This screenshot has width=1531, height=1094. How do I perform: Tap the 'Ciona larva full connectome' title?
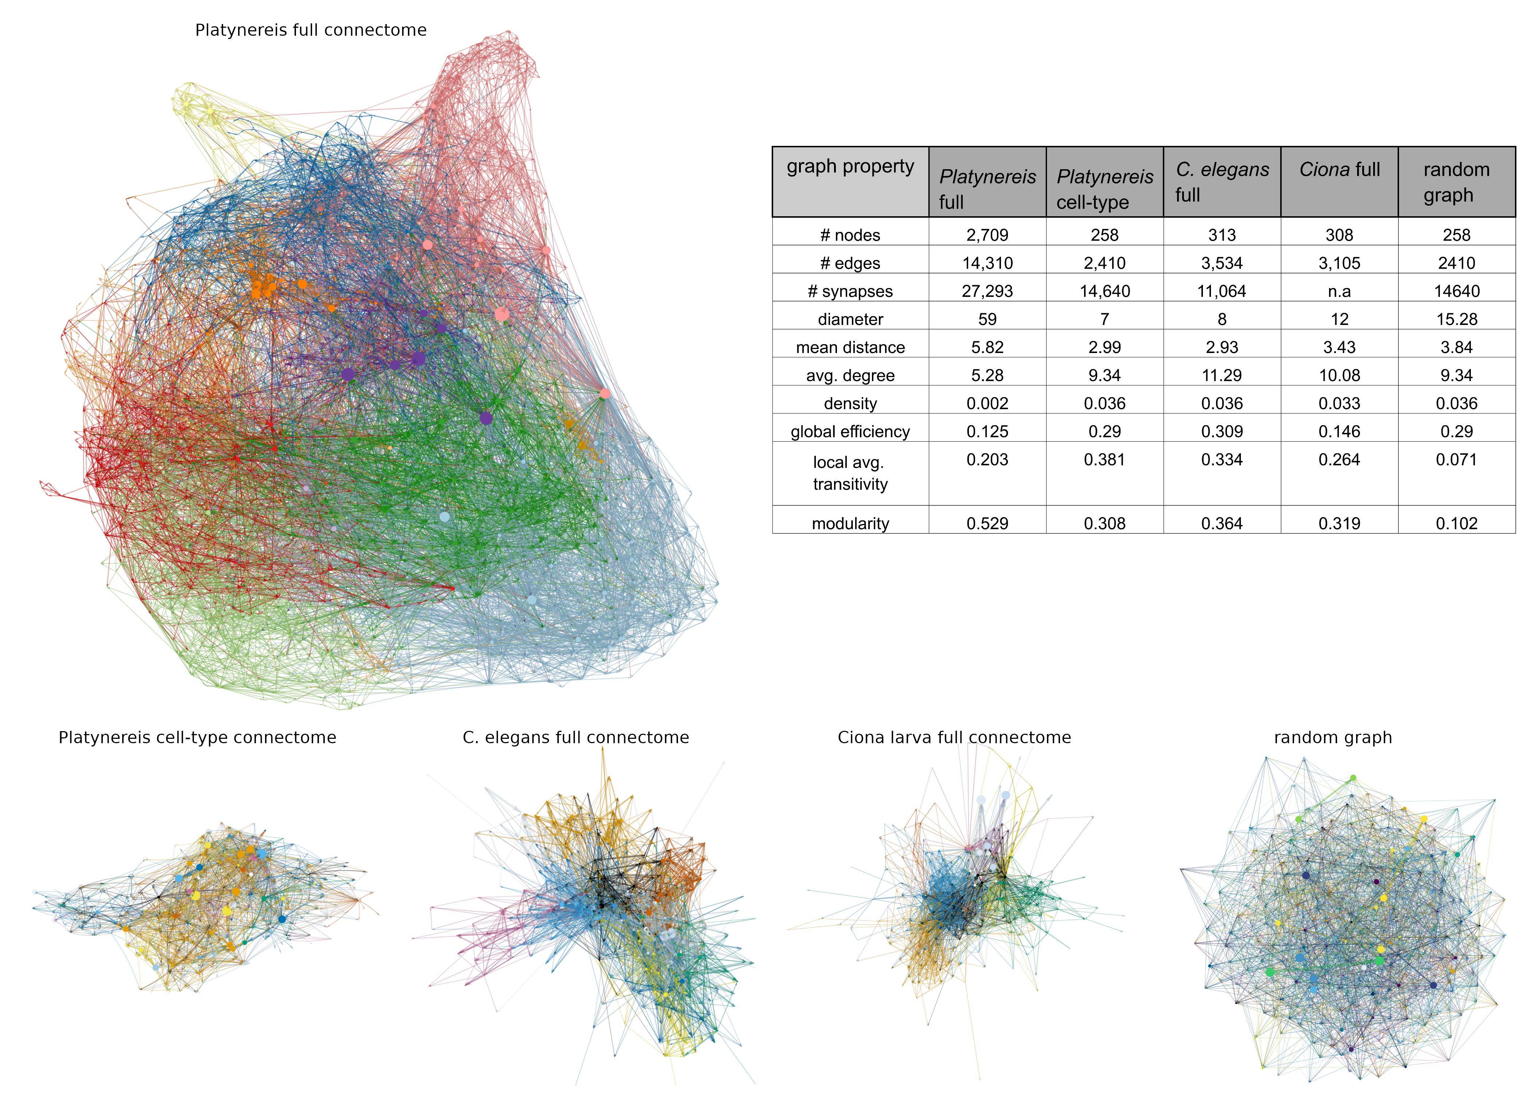954,738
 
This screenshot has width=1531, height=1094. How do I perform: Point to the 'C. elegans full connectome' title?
576,738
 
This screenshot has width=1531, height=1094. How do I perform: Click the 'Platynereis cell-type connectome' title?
197,738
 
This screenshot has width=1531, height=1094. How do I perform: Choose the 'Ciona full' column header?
1339,170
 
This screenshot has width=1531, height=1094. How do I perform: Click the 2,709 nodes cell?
987,235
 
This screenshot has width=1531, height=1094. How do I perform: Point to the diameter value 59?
987,319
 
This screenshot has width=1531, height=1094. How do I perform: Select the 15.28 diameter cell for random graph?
1456,319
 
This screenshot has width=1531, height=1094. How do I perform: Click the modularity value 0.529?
987,523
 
